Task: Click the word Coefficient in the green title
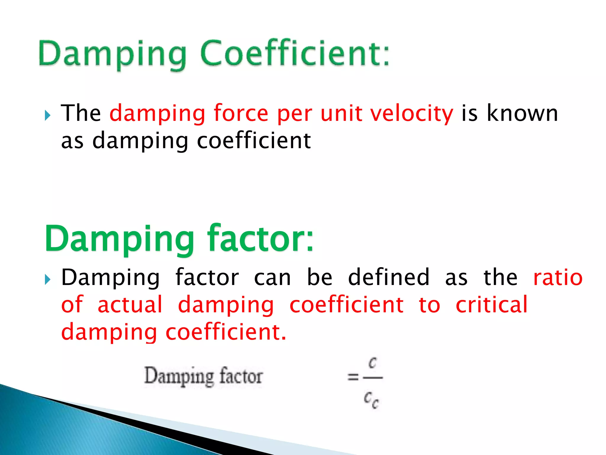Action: point(294,53)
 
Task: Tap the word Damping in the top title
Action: point(112,55)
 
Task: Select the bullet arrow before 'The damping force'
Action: point(48,115)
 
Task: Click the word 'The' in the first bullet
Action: point(81,113)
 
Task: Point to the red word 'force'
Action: point(241,113)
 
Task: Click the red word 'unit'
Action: point(341,113)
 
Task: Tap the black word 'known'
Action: point(522,113)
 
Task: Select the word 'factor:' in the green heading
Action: point(260,238)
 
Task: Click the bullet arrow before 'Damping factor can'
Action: point(48,279)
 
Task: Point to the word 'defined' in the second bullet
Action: point(389,277)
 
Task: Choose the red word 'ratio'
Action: point(558,277)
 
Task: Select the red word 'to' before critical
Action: point(429,305)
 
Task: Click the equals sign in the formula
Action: point(353,377)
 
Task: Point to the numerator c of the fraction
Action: point(373,363)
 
